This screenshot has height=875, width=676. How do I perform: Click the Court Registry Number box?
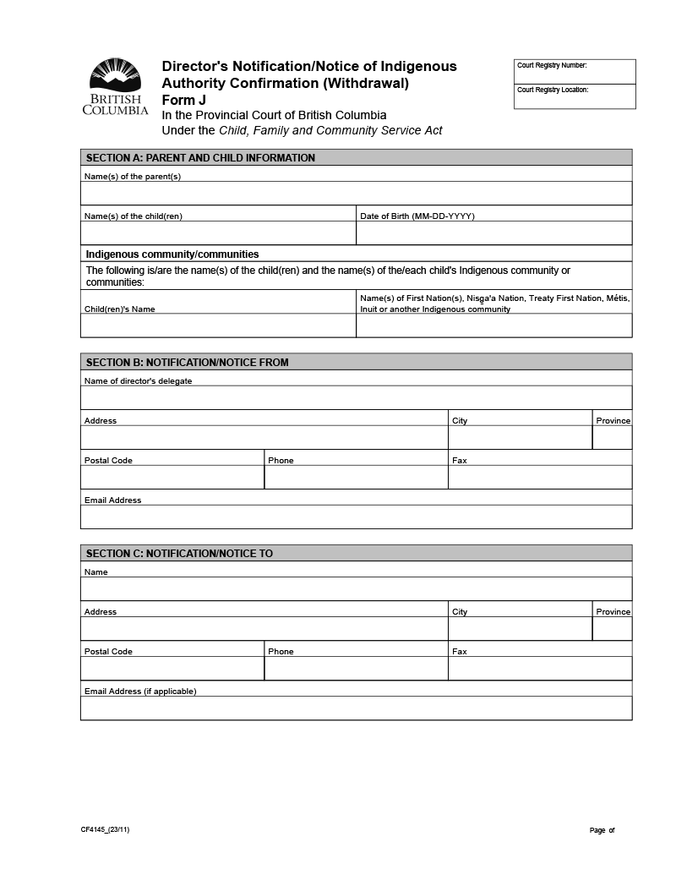tap(575, 72)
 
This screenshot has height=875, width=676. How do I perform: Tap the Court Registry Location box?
tap(575, 97)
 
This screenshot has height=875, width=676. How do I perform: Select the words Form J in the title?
tap(184, 100)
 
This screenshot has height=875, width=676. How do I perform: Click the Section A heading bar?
tap(356, 158)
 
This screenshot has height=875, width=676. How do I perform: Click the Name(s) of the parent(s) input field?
tap(356, 193)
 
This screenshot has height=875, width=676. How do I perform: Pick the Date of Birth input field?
tap(493, 232)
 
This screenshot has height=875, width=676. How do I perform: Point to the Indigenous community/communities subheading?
tap(172, 254)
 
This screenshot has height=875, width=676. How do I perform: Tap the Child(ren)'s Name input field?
tap(218, 325)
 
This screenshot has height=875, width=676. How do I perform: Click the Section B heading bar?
tap(356, 363)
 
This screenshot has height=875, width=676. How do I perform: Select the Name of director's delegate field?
tap(356, 397)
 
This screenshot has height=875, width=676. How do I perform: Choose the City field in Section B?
tap(520, 437)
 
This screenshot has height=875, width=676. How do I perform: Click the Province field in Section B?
tap(612, 437)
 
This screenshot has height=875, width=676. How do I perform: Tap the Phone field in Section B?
tap(356, 477)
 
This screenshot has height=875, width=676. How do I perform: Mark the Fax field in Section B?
tap(539, 477)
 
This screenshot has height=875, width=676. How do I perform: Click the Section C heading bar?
tap(356, 554)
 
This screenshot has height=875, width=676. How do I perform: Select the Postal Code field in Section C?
tap(172, 668)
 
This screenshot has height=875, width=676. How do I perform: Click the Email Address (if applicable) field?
tap(356, 708)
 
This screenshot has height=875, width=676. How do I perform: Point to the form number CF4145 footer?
tap(106, 830)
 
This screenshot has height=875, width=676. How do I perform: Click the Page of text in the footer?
tap(602, 830)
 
